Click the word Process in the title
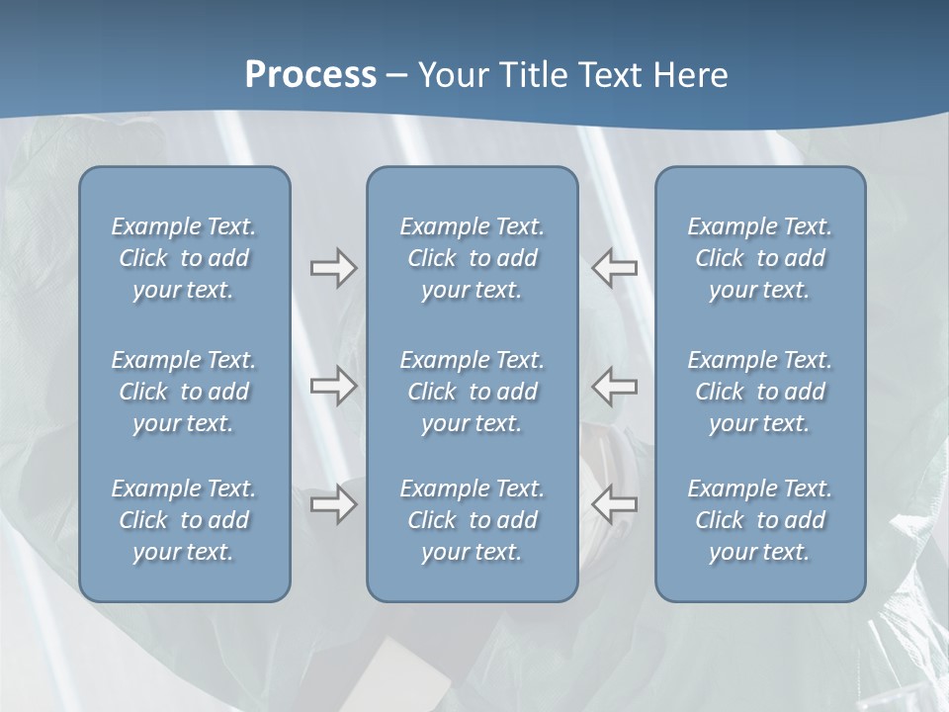(310, 75)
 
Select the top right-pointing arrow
(333, 268)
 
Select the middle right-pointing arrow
(333, 386)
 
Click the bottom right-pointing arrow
(333, 504)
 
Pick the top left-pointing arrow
(615, 268)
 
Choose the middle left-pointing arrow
(615, 386)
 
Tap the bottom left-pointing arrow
(615, 504)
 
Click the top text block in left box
(184, 258)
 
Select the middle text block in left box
(184, 392)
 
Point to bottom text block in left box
(184, 520)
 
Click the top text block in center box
(472, 258)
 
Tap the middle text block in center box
(472, 392)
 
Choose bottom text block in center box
(472, 520)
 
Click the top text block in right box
(759, 258)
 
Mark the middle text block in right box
(759, 392)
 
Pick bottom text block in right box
(759, 520)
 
